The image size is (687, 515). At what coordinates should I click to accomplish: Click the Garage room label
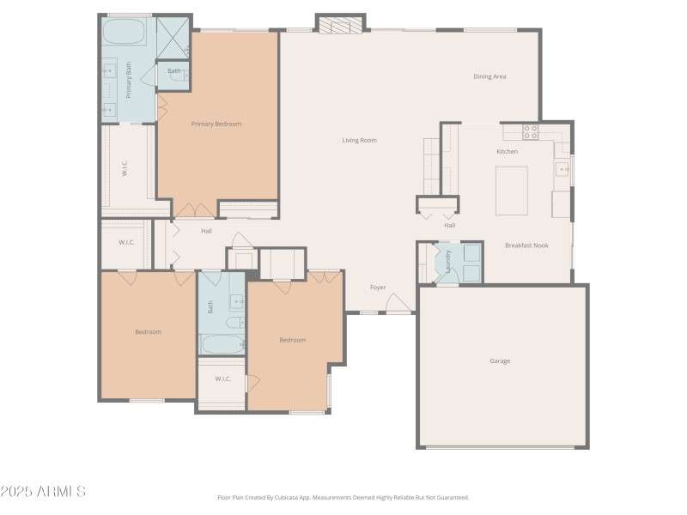coord(500,361)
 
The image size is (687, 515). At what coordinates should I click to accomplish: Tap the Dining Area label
coord(489,76)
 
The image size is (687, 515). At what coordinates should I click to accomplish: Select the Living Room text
coord(359,140)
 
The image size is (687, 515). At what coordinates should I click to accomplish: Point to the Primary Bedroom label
coord(216,124)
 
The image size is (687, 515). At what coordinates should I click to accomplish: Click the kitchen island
coord(511,191)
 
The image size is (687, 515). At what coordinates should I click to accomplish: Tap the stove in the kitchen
coord(531,132)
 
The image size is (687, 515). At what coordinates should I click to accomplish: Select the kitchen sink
coord(563,169)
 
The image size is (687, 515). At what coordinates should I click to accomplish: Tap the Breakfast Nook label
coord(526,245)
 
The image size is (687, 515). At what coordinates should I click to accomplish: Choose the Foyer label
coord(378,288)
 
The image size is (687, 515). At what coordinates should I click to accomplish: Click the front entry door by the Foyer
coord(398,304)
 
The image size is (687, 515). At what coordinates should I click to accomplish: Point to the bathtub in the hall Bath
coord(222,344)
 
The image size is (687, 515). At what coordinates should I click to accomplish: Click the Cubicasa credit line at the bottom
coord(343,497)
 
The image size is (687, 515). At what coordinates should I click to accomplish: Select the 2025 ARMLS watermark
coord(43,492)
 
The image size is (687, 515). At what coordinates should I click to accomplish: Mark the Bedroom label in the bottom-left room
coord(148,332)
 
